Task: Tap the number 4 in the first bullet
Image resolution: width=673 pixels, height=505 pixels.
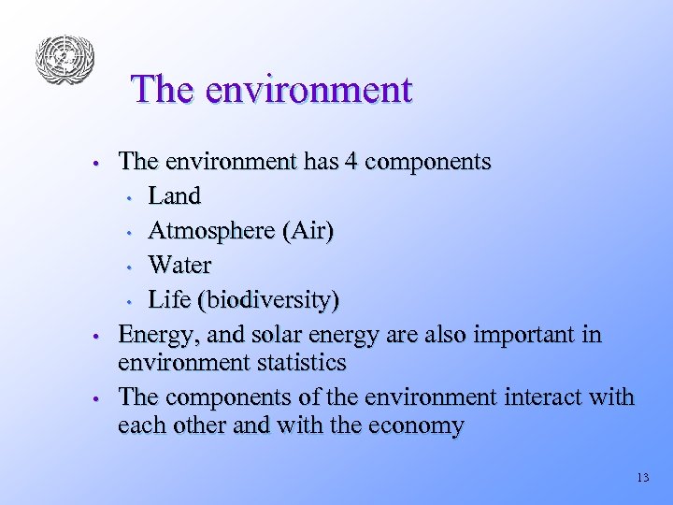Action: coord(351,162)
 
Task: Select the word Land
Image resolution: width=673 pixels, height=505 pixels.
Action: coord(175,196)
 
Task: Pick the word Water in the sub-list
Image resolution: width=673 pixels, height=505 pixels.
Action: coord(179,266)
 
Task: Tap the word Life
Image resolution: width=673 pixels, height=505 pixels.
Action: coord(168,300)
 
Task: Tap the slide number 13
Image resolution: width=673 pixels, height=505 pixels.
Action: coord(641,478)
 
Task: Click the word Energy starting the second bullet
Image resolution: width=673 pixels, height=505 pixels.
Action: coord(152,335)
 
